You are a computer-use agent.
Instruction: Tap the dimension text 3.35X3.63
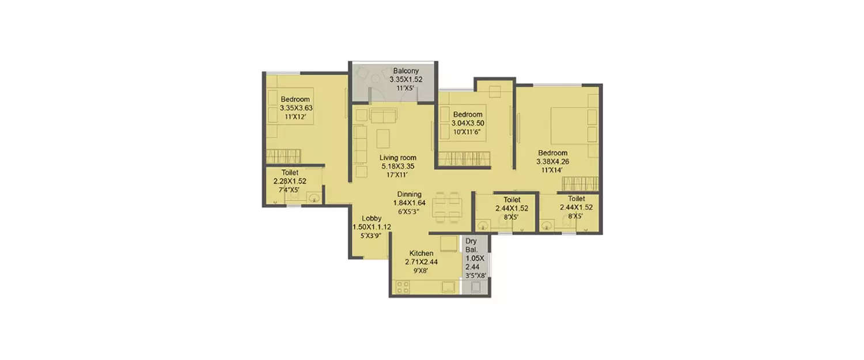tap(295, 108)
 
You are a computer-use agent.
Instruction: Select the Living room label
tap(397, 158)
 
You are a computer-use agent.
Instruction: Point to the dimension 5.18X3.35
tap(397, 166)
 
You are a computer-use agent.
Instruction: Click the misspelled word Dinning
tap(409, 195)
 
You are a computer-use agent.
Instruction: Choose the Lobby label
tap(371, 219)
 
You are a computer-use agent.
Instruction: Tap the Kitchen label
tap(421, 253)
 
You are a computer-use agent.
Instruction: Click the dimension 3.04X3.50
tap(468, 123)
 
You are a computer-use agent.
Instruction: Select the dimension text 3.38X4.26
tap(553, 161)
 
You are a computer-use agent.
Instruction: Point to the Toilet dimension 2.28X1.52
tap(290, 181)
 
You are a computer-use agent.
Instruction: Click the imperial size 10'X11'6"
tap(468, 131)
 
